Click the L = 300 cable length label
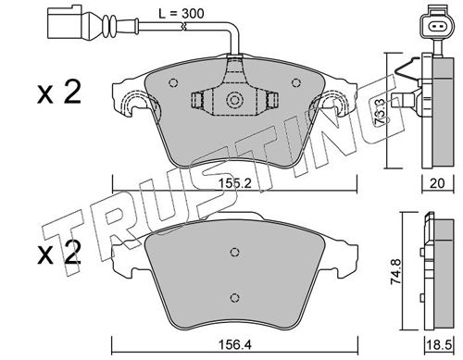click(181, 13)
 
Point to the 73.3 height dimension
click(380, 111)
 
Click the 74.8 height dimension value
click(395, 272)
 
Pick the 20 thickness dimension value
click(437, 183)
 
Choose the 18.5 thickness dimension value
click(438, 344)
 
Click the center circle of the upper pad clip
click(234, 100)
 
